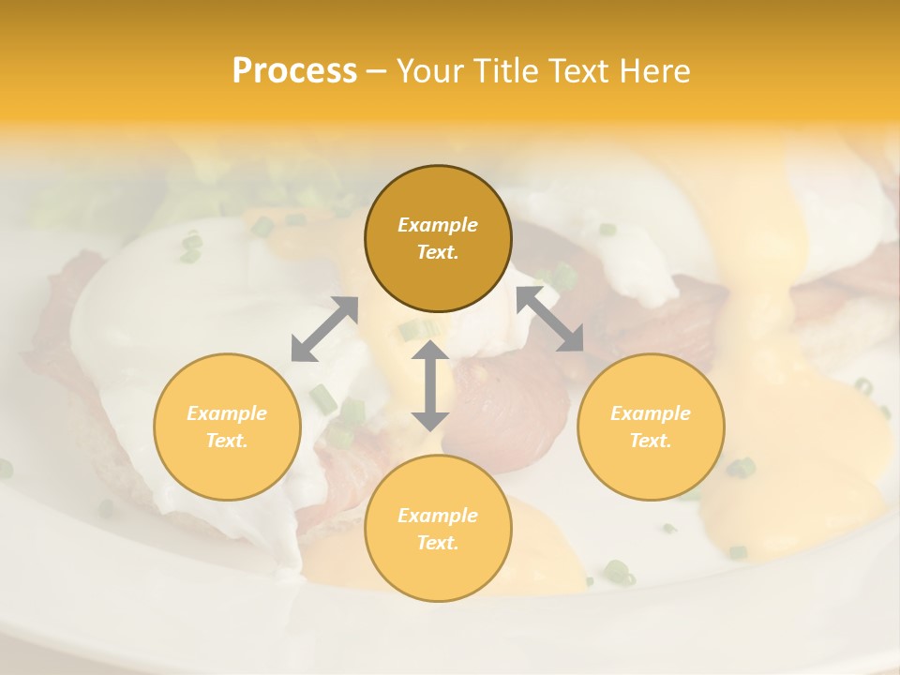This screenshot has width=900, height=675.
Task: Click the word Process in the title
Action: (x=294, y=71)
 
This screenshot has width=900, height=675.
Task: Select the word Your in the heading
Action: (x=427, y=71)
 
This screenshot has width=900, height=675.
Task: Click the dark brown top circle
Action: (x=438, y=187)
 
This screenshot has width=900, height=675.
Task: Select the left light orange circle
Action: (x=227, y=459)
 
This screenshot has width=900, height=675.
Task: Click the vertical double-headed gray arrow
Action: (x=430, y=385)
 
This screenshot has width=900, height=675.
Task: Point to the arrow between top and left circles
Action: (x=324, y=329)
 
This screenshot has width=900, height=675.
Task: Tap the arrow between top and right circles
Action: (x=550, y=319)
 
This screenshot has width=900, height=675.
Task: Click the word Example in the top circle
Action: (x=438, y=225)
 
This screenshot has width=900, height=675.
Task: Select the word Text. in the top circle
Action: (x=438, y=252)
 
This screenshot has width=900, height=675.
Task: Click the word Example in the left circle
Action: (x=227, y=413)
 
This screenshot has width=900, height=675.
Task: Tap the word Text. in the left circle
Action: (x=227, y=441)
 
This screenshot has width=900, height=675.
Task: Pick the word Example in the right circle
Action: (x=651, y=413)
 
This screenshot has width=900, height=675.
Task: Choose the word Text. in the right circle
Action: (x=651, y=441)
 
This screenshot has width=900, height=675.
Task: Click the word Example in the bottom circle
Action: (x=438, y=516)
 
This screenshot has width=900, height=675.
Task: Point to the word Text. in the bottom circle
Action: (x=438, y=543)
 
